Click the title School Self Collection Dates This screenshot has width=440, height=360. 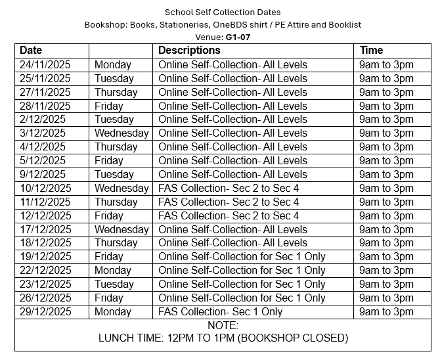click(223, 12)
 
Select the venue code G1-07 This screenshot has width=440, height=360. click(237, 37)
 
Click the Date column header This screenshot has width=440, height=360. click(31, 51)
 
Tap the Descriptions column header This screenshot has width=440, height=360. click(189, 51)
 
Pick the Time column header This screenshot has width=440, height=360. click(371, 51)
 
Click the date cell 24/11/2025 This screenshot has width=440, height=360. click(45, 64)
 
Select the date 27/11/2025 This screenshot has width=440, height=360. click(45, 92)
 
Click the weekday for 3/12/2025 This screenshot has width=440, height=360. click(121, 133)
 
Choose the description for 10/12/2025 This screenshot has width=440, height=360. click(229, 189)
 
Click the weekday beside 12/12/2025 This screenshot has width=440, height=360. click(109, 216)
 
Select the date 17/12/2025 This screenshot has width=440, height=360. click(45, 230)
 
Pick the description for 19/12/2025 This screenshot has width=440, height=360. click(242, 257)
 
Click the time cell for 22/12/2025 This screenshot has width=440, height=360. click(386, 271)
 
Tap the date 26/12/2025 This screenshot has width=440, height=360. click(45, 298)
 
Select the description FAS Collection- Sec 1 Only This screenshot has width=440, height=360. click(220, 312)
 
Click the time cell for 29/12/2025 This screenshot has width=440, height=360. click(386, 312)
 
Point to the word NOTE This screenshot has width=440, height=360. click(223, 326)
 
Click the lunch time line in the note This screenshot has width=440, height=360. click(223, 339)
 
